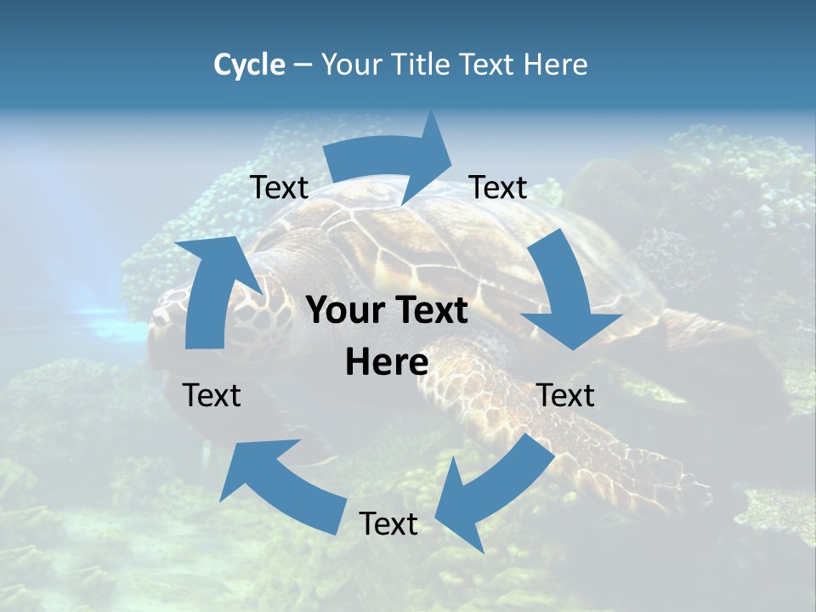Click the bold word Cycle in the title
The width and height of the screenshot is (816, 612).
click(x=249, y=65)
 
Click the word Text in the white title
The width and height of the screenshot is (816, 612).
click(x=487, y=65)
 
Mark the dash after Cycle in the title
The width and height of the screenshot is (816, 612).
click(x=303, y=65)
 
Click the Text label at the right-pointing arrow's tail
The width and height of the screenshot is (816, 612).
click(x=280, y=187)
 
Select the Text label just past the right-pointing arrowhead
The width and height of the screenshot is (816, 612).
click(x=498, y=187)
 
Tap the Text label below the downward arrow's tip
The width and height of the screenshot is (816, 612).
click(x=565, y=395)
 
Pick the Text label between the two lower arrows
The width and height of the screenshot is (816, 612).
click(x=388, y=524)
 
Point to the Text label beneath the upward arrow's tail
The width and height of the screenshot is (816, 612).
click(x=212, y=395)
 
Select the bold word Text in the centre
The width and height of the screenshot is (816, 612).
click(x=431, y=311)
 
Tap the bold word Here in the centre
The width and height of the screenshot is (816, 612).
click(x=387, y=362)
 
